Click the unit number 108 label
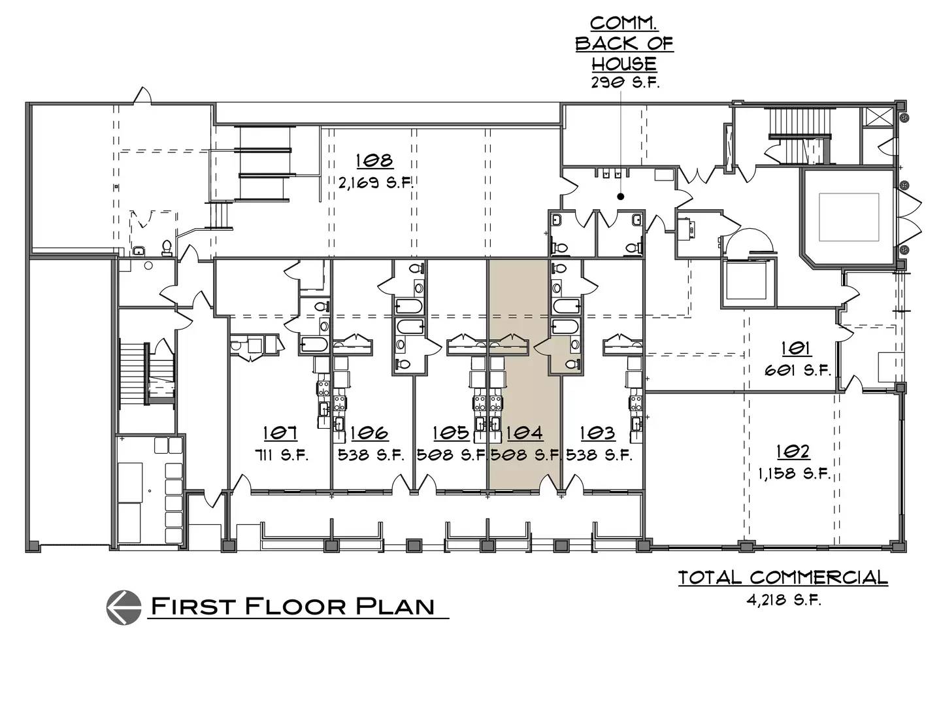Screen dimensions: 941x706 click(x=374, y=160)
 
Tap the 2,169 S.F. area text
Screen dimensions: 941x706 click(x=376, y=183)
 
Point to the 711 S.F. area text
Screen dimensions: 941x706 click(x=282, y=455)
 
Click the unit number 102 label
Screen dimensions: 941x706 click(x=793, y=451)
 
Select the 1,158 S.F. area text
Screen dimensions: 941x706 click(x=794, y=474)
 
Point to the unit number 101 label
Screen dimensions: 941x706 click(x=796, y=348)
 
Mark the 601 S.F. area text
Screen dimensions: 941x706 click(x=799, y=370)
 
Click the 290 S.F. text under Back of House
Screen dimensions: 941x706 click(x=625, y=82)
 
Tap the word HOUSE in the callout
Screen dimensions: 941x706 click(x=624, y=63)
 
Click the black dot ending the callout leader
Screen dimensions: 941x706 click(x=620, y=197)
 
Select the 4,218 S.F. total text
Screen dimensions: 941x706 click(x=784, y=600)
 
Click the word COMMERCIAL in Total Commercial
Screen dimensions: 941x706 click(x=819, y=578)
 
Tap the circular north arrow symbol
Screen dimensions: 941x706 click(x=124, y=607)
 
